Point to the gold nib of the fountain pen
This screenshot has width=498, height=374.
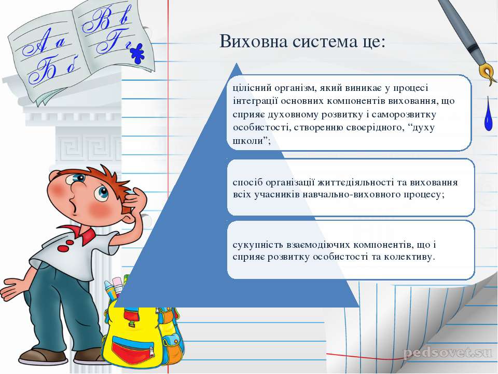click(488, 74)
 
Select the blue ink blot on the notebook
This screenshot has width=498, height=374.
click(137, 54)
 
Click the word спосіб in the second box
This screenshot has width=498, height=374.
click(248, 183)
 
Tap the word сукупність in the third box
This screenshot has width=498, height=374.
click(257, 245)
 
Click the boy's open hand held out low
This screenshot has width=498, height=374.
click(12, 288)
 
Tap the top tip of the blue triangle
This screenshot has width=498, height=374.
click(237, 63)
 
